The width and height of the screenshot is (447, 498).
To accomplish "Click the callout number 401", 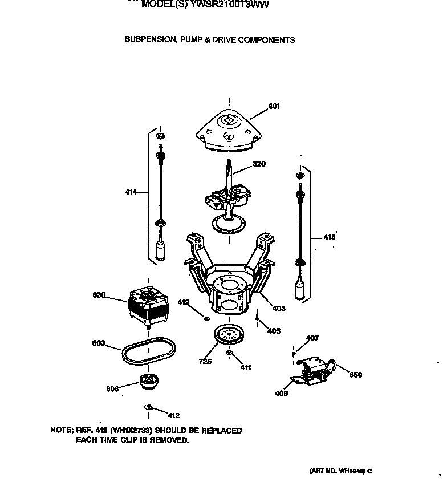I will [274, 106].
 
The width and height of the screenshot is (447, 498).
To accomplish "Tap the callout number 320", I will [259, 164].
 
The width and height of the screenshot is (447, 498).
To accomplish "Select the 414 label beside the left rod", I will [131, 192].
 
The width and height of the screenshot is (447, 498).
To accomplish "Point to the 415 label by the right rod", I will [330, 237].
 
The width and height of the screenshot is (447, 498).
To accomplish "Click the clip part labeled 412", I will [148, 407].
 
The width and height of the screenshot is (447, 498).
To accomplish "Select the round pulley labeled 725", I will [230, 335].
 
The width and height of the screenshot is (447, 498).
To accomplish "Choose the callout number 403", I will [279, 309].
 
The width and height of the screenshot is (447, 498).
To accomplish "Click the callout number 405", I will [274, 331].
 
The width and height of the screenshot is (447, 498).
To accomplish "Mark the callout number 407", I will [312, 339].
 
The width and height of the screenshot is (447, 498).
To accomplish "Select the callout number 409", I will [281, 393].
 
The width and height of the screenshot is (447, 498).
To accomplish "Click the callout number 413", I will [183, 302].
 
